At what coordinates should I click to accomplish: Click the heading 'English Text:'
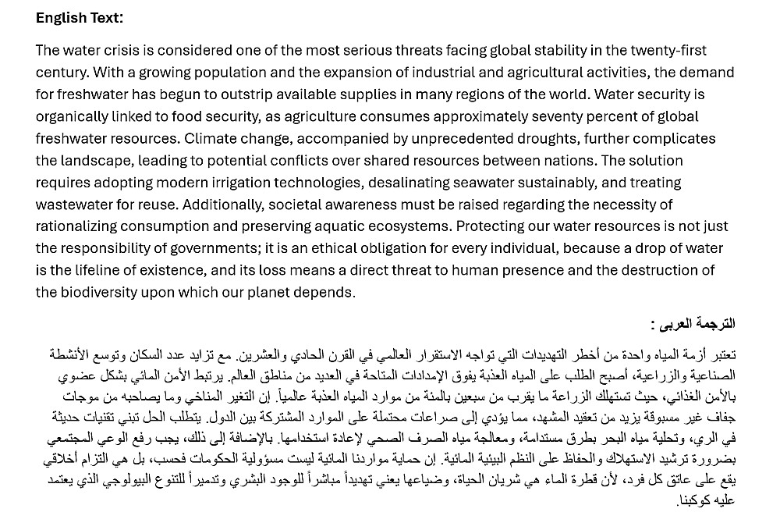click(79, 18)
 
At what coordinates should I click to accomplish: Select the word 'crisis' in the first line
click(117, 51)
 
